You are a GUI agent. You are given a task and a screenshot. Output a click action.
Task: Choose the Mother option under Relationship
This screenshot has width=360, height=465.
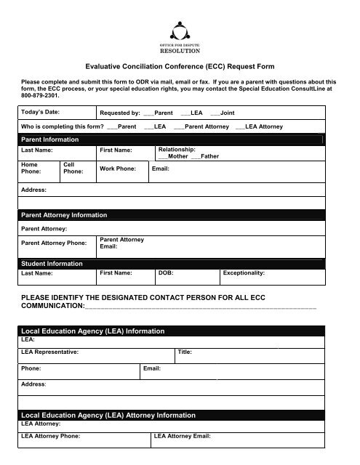pyautogui.click(x=172, y=156)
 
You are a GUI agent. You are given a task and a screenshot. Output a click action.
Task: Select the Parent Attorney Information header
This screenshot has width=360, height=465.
pyautogui.click(x=65, y=215)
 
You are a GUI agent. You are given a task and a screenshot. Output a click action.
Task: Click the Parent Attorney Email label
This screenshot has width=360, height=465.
pyautogui.click(x=121, y=243)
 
